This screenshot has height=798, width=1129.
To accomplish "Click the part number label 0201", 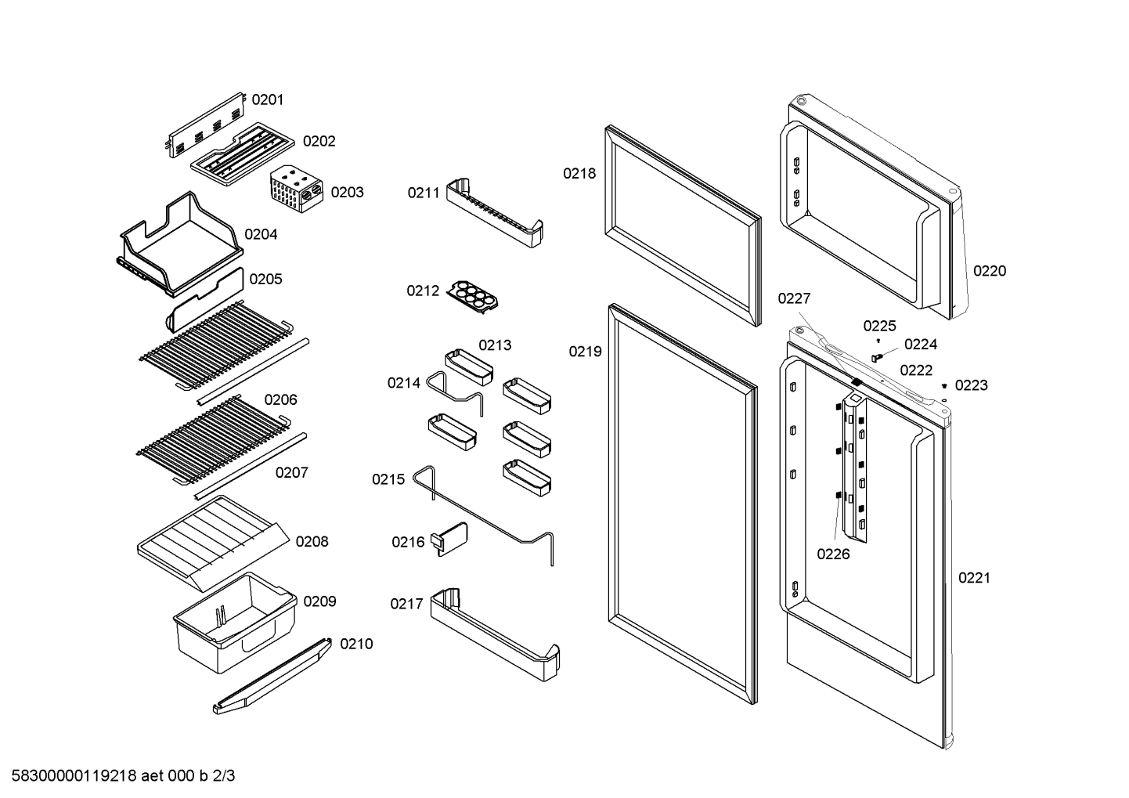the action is click(267, 99).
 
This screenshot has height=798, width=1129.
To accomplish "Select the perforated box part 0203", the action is click(297, 189).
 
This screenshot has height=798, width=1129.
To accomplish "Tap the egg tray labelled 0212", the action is click(473, 297).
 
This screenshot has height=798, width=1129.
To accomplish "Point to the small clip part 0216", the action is click(449, 539).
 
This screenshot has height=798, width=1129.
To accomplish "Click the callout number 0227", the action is click(794, 298).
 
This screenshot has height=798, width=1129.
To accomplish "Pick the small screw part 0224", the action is click(878, 357).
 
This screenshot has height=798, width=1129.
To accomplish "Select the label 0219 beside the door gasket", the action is click(585, 352).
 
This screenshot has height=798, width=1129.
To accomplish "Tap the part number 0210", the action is click(356, 644).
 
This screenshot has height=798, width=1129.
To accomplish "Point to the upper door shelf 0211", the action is click(495, 212).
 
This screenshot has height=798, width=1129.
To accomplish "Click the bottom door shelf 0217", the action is click(495, 634).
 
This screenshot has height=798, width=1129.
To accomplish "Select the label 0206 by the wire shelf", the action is click(281, 399).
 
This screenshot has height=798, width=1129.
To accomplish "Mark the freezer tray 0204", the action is click(179, 244).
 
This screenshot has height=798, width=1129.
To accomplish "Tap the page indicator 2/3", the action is click(224, 776).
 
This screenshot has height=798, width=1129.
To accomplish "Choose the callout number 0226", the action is click(833, 554).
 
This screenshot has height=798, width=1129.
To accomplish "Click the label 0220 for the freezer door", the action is click(990, 271).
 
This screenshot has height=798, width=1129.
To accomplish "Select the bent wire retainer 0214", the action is click(455, 392).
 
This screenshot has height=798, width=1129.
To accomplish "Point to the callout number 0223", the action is click(972, 385).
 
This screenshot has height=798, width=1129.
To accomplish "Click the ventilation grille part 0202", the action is click(243, 153).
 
